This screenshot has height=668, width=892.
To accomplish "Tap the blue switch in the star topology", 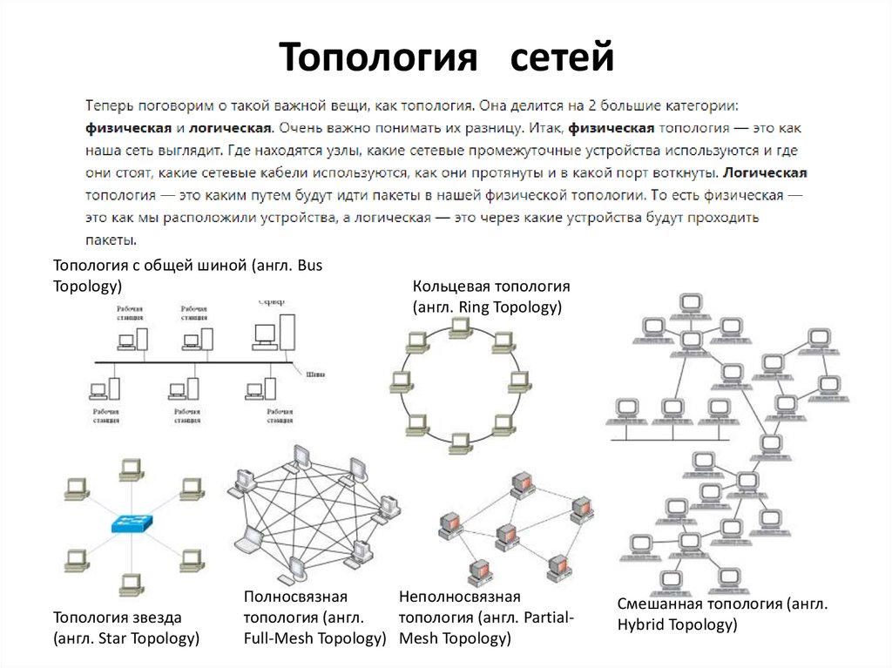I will [x=132, y=523].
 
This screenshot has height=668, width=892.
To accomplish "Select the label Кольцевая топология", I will [x=491, y=287].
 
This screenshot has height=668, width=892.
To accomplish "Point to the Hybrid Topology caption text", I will [x=677, y=624].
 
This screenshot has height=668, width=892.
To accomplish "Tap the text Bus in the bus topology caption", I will [x=309, y=266].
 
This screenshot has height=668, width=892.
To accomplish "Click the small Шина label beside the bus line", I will [x=315, y=376].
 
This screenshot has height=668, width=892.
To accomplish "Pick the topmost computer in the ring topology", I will [x=461, y=327].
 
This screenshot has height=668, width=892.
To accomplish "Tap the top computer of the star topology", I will [x=132, y=468].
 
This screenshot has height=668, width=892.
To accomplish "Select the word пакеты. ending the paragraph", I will [x=111, y=239].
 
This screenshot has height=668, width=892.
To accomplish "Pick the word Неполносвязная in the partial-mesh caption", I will [x=459, y=597].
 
